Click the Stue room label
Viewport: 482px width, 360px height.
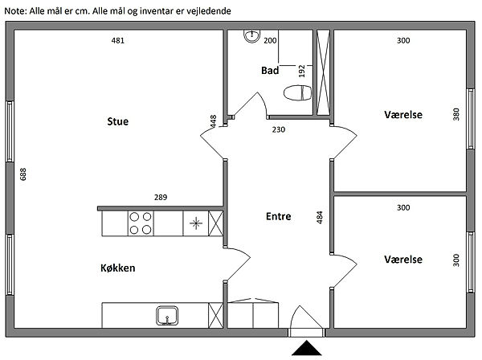118,121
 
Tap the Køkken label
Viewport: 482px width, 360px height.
118,268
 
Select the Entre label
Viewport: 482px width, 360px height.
279,216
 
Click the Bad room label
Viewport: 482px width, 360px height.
270,71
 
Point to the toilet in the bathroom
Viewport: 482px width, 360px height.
297,93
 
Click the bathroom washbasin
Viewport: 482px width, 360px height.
252,36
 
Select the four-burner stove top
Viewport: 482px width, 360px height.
141,223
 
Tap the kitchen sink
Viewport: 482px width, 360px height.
167,315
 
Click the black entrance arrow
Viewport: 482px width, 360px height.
307,348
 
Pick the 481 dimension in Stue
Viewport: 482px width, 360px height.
118,40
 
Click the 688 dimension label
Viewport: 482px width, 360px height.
23,174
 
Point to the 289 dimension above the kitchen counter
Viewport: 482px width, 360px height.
161,197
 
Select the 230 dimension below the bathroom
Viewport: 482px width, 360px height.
279,129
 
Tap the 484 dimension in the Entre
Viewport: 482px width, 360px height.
320,217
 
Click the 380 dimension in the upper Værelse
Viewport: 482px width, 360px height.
456,114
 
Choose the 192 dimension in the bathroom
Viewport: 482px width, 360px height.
302,71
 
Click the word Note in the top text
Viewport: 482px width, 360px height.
15,11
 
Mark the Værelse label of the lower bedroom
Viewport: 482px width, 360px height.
403,260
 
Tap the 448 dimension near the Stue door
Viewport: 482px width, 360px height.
213,121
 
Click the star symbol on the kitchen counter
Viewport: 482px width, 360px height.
196,223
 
